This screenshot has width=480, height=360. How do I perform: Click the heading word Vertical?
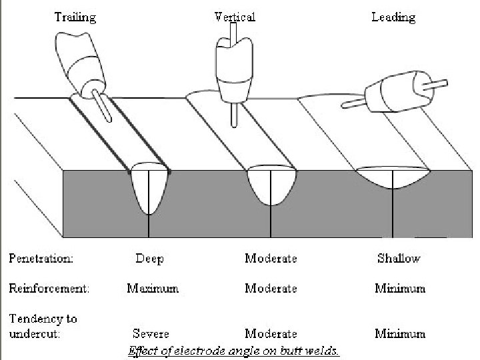(x=234, y=17)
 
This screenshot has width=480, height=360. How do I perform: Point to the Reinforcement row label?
(x=49, y=289)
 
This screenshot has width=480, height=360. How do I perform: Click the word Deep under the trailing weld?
(x=149, y=258)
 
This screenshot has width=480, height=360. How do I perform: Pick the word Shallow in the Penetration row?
(x=399, y=258)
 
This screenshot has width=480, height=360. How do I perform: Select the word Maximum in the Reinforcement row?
(x=153, y=289)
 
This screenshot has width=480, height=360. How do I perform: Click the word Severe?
(x=151, y=333)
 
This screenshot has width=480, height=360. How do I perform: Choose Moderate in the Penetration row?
(x=271, y=258)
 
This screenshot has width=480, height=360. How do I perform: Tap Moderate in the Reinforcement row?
(x=271, y=289)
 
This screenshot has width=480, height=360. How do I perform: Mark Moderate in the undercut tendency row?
(x=271, y=333)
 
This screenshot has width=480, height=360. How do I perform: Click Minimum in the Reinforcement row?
(x=400, y=289)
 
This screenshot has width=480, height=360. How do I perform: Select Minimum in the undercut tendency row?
(x=400, y=333)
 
